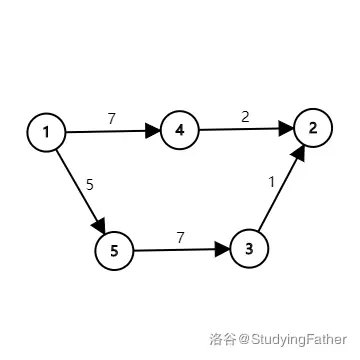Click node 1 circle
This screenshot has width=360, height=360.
click(x=46, y=132)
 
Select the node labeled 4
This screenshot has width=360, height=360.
click(x=180, y=130)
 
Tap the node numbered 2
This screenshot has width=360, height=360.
click(x=313, y=128)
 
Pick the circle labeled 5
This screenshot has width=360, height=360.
click(x=114, y=251)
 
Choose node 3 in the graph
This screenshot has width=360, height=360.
click(x=249, y=249)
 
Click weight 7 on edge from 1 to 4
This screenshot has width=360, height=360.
click(x=111, y=119)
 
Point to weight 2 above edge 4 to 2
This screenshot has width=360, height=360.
click(x=245, y=117)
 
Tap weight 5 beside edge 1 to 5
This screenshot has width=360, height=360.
click(x=90, y=184)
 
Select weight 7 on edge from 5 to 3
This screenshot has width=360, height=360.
click(x=180, y=238)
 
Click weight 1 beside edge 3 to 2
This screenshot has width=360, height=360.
click(x=271, y=182)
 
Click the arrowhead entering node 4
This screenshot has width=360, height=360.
click(x=153, y=130)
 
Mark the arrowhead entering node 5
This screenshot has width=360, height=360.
click(x=99, y=225)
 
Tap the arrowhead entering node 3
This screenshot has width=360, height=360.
click(x=223, y=249)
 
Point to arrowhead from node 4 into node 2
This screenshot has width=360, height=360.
click(x=286, y=128)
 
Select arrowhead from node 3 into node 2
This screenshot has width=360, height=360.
click(x=299, y=154)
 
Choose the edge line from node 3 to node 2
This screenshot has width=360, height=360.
click(x=282, y=187)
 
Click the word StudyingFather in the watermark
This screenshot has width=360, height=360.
click(x=299, y=340)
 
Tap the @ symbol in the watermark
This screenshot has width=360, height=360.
click(x=244, y=340)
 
